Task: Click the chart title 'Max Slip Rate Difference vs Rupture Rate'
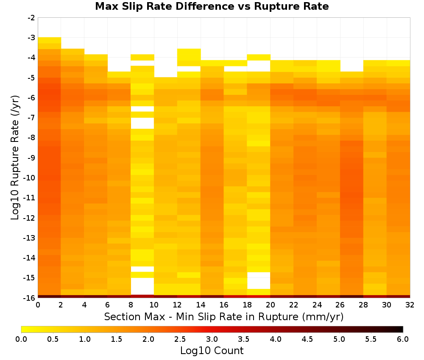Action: pyautogui.click(x=212, y=6)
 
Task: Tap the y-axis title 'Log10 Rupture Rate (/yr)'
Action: pyautogui.click(x=15, y=158)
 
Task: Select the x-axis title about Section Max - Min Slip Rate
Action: pyautogui.click(x=223, y=317)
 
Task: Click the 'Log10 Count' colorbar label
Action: pyautogui.click(x=212, y=351)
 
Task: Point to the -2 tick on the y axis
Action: pyautogui.click(x=31, y=18)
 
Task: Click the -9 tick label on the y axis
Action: pyautogui.click(x=31, y=158)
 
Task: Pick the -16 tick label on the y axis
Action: pyautogui.click(x=30, y=298)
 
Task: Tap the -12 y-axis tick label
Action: pyautogui.click(x=30, y=218)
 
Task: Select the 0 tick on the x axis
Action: pyautogui.click(x=38, y=305)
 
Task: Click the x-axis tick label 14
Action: pyautogui.click(x=201, y=305)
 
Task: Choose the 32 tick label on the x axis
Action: pyautogui.click(x=410, y=305)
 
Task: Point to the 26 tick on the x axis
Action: pyautogui.click(x=340, y=305)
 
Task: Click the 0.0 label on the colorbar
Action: pyautogui.click(x=21, y=339)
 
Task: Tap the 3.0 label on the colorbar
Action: pyautogui.click(x=212, y=339)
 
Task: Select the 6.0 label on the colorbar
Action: pyautogui.click(x=403, y=339)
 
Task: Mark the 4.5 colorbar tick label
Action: pyautogui.click(x=307, y=339)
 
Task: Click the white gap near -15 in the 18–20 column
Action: pyautogui.click(x=259, y=281)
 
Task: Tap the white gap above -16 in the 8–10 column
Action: pyautogui.click(x=142, y=286)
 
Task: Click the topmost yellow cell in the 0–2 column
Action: pyautogui.click(x=50, y=40)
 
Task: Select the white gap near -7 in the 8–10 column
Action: pyautogui.click(x=142, y=123)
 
